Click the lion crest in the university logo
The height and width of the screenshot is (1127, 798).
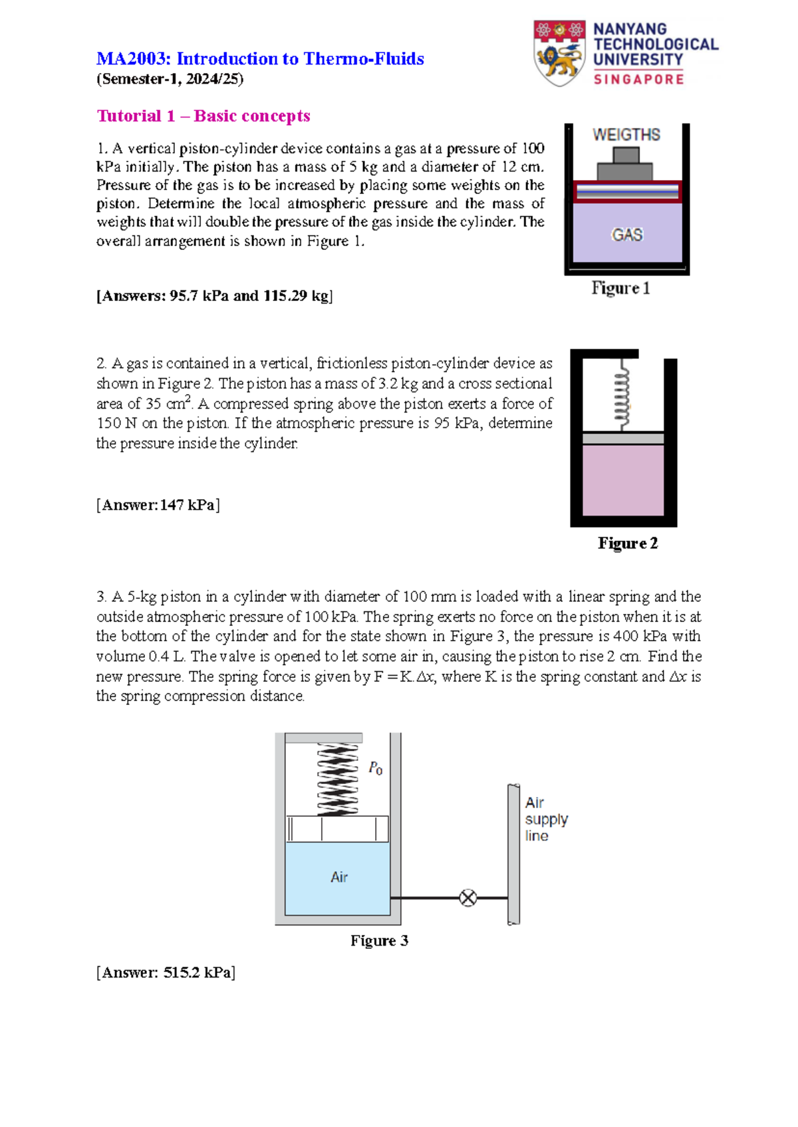tap(559, 54)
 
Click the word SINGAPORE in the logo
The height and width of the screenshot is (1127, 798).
tap(638, 80)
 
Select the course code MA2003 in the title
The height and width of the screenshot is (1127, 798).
tap(133, 59)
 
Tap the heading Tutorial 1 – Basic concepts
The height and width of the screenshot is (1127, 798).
tap(203, 116)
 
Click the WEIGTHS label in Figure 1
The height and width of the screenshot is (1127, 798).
tap(626, 135)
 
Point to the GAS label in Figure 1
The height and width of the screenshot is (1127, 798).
tap(627, 235)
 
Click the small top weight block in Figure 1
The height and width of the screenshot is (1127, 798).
tap(626, 155)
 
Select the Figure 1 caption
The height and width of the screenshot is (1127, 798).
tap(620, 288)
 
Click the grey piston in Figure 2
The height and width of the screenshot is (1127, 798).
tap(623, 439)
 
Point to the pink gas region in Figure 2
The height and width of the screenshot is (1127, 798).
tap(623, 480)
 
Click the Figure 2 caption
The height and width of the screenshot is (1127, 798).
tap(627, 544)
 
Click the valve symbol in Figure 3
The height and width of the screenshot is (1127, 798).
tap(468, 898)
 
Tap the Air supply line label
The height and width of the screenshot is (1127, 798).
tap(546, 819)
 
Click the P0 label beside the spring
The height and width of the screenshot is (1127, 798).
tap(376, 769)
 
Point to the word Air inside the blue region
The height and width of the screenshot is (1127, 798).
tap(339, 877)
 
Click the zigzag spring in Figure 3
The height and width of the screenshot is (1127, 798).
tap(338, 779)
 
